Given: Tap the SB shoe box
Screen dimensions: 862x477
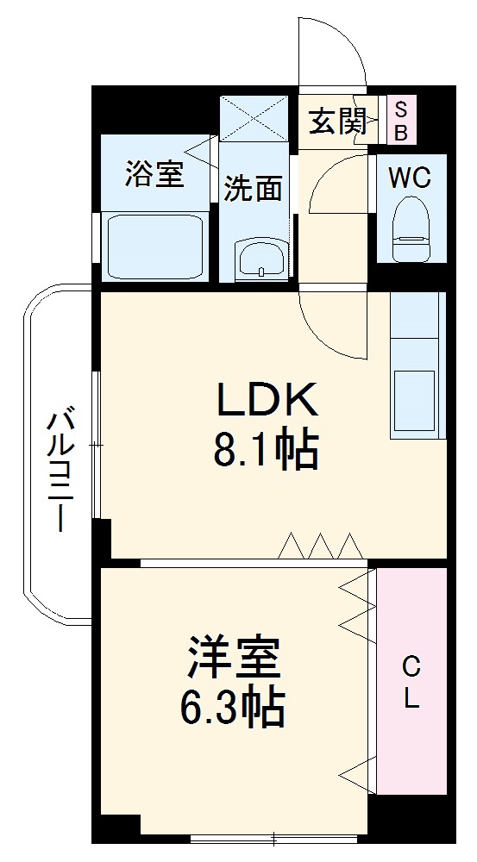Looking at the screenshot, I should [401, 122].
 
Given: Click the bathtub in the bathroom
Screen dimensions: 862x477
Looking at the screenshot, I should [154, 245].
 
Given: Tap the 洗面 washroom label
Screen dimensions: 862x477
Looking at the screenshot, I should [254, 188].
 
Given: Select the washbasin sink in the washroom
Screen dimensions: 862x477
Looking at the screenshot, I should [260, 259].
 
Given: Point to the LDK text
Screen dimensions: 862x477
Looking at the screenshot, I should [267, 400].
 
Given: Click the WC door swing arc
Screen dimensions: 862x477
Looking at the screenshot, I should [338, 182].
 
